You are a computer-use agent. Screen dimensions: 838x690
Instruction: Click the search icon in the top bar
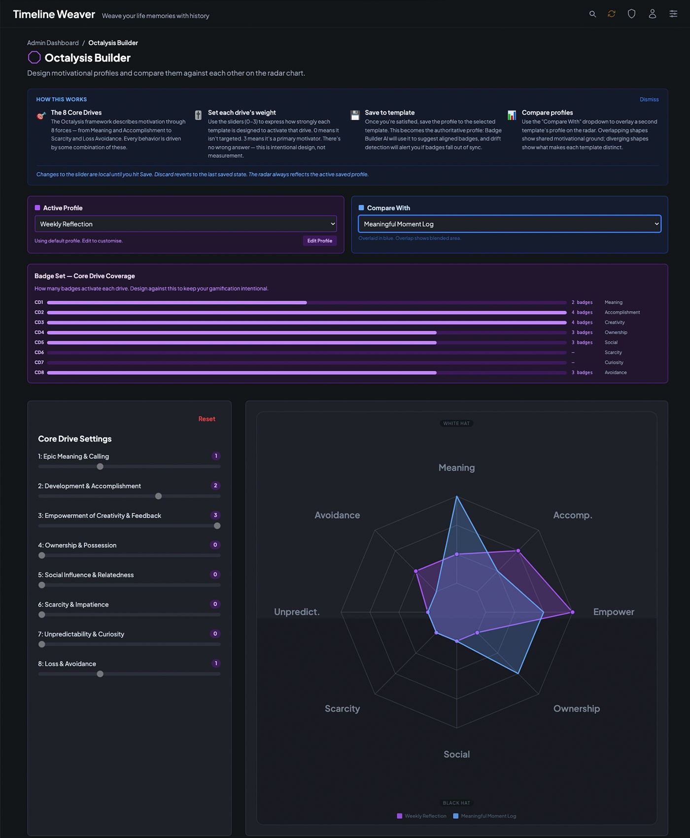592,14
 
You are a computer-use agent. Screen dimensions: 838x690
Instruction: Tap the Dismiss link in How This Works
649,100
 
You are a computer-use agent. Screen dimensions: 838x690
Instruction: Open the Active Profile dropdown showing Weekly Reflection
185,224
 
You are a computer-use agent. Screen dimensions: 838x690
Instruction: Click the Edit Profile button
319,241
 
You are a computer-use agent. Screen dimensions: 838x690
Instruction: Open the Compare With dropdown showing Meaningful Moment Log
509,224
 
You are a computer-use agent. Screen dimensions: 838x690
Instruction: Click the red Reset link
207,419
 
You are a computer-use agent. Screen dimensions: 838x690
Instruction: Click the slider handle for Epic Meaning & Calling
100,467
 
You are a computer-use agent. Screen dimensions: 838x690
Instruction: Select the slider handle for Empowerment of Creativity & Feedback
217,526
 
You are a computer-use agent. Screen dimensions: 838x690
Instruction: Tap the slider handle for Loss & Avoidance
100,674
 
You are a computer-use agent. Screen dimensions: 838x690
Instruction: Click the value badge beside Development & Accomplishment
215,486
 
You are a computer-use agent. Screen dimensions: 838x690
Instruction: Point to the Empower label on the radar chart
613,612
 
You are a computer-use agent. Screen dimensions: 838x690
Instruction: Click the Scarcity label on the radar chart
342,708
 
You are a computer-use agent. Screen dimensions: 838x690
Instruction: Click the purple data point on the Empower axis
572,612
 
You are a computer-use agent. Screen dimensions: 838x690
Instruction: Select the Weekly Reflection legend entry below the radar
422,816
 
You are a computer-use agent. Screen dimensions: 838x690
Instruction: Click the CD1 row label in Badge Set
39,303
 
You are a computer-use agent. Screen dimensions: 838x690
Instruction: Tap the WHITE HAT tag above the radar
456,423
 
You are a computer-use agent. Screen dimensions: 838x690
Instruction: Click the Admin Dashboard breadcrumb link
53,43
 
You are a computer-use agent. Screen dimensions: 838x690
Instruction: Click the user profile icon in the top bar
652,14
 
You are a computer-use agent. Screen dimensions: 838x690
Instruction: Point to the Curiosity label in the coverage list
614,362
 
